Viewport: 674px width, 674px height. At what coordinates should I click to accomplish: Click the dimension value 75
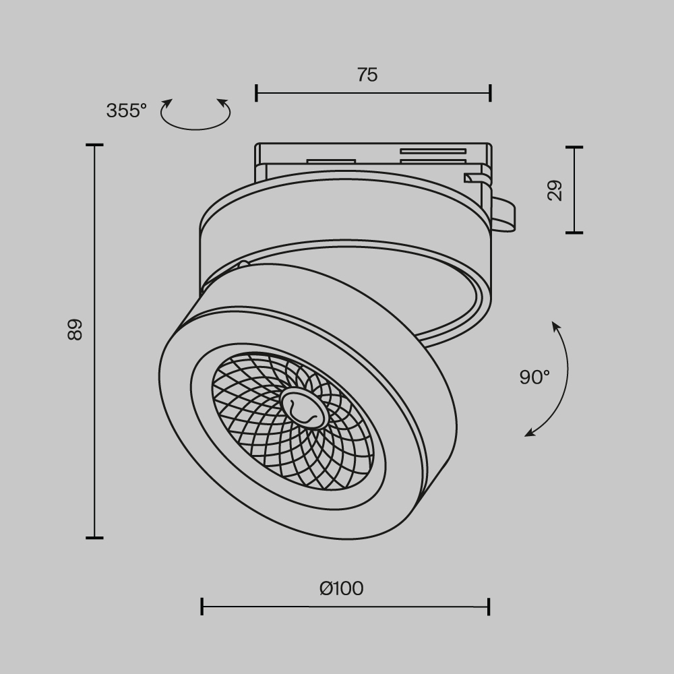pos(367,75)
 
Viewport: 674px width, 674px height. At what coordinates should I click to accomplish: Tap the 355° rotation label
pos(126,111)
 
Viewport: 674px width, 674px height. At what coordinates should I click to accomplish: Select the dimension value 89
pos(75,329)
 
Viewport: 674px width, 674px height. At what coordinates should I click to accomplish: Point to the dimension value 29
pos(555,191)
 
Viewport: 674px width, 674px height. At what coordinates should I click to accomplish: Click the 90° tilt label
pos(534,377)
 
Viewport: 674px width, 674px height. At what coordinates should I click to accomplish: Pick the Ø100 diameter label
pos(341,588)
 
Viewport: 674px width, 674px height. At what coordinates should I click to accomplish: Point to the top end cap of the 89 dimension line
pos(94,145)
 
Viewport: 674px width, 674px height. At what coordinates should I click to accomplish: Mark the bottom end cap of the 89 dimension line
pos(94,538)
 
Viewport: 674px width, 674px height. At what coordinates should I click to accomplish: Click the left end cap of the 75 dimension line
pos(256,93)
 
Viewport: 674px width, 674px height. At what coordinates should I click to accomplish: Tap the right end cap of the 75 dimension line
pos(490,93)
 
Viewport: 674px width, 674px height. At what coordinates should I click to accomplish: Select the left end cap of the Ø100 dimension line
pos(202,607)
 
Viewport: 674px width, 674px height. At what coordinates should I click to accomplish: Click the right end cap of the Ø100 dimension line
pos(489,607)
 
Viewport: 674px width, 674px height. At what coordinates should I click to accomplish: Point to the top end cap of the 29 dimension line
pos(574,147)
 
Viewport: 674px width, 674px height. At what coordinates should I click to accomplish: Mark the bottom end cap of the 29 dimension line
pos(574,233)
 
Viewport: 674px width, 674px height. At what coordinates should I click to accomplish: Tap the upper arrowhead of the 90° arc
pos(555,326)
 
